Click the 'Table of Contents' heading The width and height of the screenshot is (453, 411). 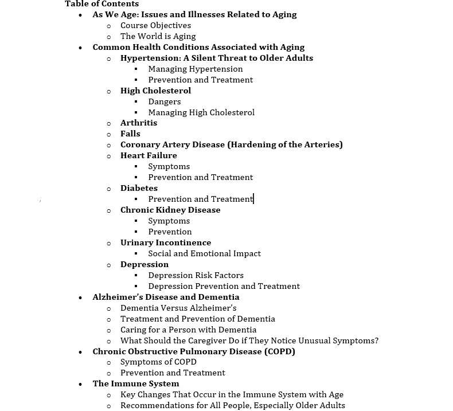101,4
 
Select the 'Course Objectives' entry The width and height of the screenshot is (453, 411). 155,25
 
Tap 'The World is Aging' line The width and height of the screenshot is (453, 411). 158,36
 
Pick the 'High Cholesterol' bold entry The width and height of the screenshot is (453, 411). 155,91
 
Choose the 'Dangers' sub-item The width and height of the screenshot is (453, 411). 164,101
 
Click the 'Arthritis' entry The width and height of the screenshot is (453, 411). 138,123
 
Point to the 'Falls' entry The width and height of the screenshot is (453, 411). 130,134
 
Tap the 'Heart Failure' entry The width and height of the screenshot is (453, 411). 149,155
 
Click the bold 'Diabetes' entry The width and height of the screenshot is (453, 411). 139,188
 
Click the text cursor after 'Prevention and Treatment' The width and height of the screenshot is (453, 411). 253,199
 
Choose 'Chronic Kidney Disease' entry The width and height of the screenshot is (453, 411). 170,210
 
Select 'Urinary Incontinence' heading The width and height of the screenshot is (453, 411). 166,242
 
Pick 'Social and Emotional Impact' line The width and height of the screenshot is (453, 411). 204,253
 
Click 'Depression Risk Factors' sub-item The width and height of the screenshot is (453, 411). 196,275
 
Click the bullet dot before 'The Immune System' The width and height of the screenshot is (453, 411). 80,384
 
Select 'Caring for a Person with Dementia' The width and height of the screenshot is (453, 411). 188,330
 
